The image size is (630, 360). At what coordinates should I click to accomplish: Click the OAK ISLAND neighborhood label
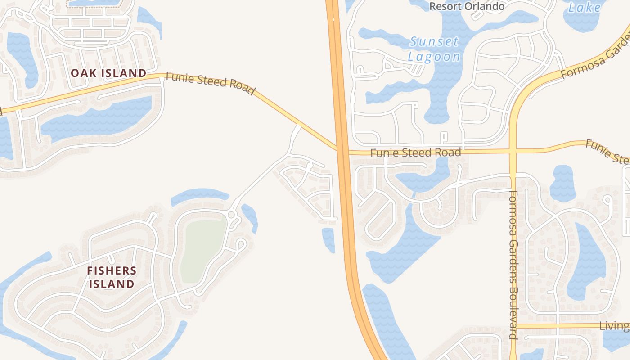coord(108,73)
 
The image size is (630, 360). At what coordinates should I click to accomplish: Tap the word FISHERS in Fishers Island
coord(112,270)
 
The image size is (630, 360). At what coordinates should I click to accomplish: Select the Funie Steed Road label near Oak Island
coord(210,83)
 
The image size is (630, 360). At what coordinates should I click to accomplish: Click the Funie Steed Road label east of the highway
coord(415,153)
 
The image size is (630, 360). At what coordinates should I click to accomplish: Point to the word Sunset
coord(434,42)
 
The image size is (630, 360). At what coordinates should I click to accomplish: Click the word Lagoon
coord(434,57)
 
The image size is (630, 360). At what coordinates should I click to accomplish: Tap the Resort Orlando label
coord(467,6)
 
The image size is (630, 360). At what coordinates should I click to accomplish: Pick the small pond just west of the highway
coord(328,239)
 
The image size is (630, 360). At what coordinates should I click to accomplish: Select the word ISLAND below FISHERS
coord(112,284)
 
